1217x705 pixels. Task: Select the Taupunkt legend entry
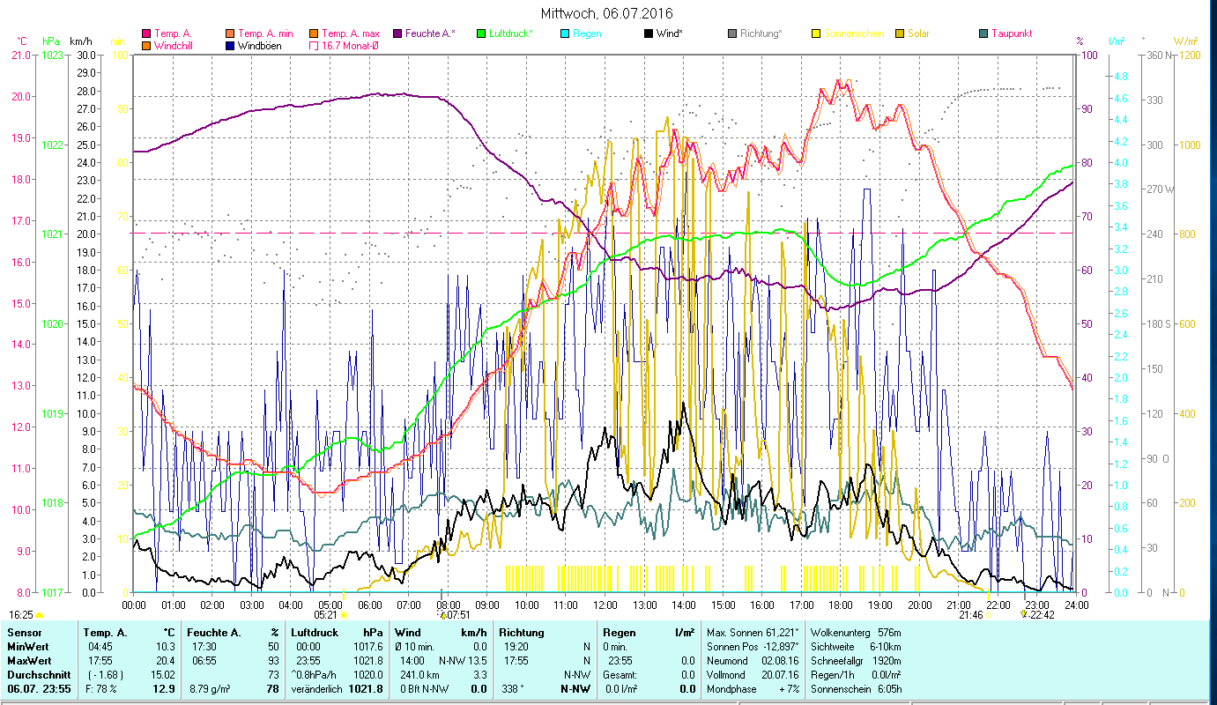coord(1011,33)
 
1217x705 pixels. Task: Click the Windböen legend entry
coord(259,45)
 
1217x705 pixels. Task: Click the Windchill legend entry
coord(176,45)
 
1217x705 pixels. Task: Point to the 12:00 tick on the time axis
coord(605,605)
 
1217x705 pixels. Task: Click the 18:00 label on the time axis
coord(841,605)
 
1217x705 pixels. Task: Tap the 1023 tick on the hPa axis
coord(53,56)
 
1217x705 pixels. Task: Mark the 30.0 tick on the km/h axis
coord(85,56)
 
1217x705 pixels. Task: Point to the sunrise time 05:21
coord(325,615)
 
